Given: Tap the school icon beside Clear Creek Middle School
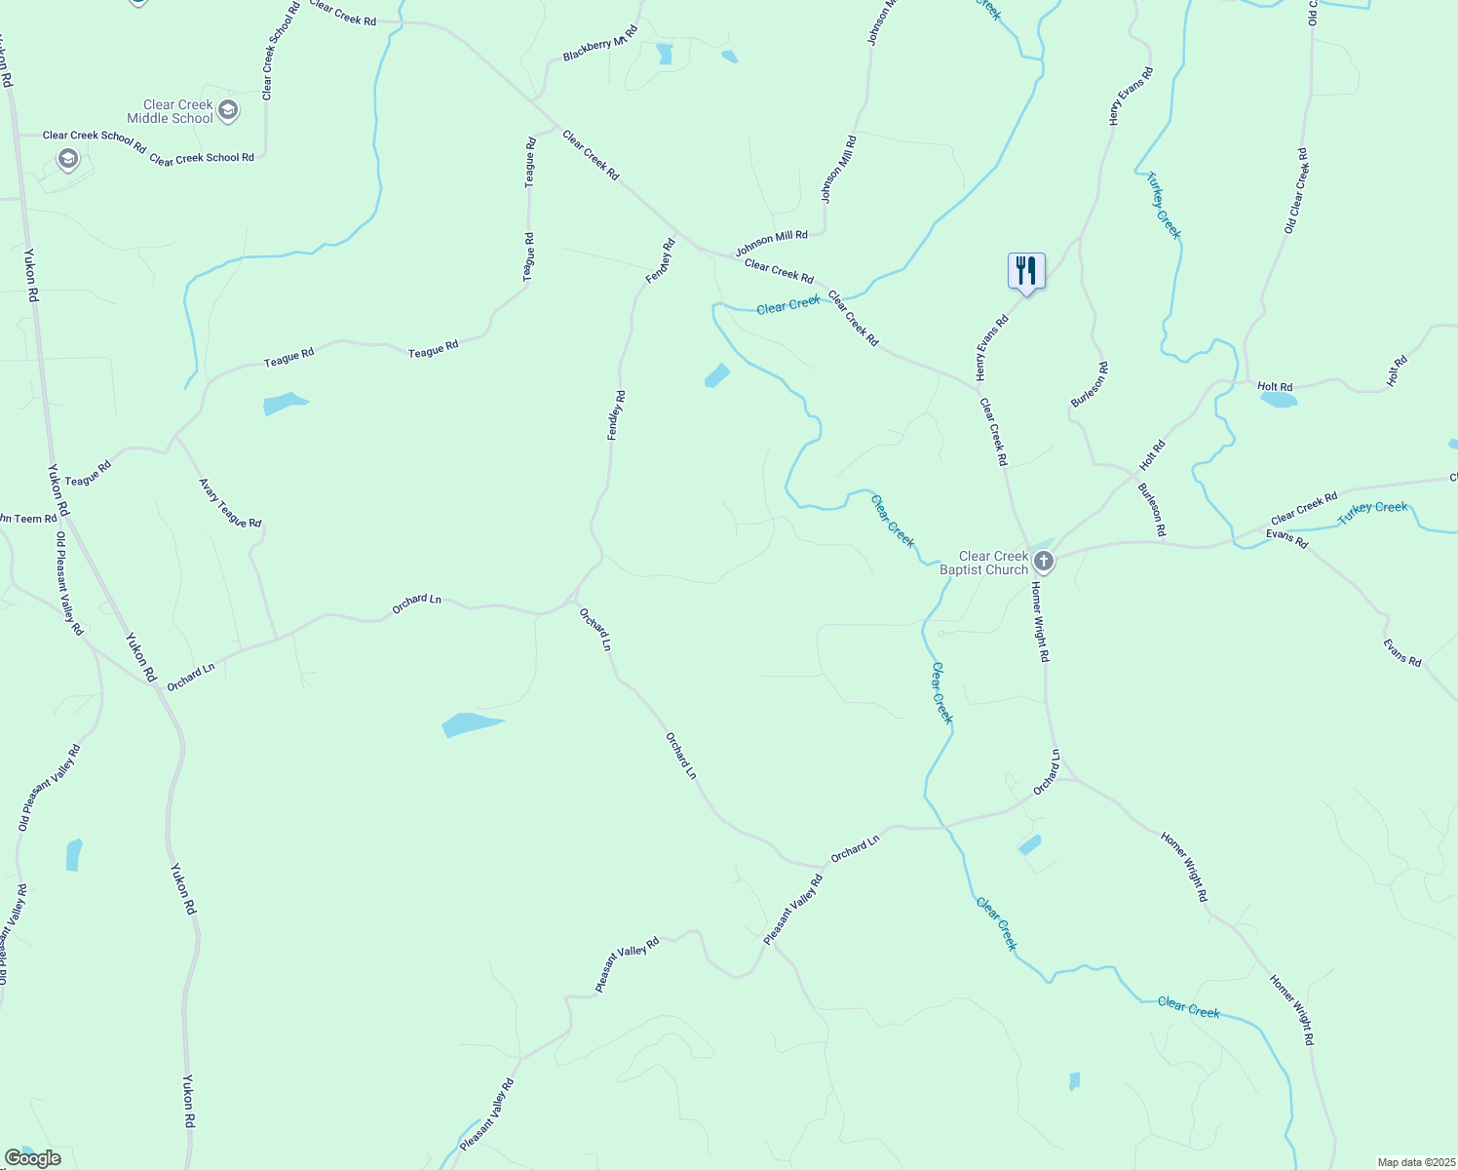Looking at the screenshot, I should point(228,109).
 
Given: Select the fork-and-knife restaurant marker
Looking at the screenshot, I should point(1026,271).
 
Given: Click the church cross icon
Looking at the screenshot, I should point(1044,561).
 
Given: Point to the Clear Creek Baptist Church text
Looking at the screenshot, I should point(984,563).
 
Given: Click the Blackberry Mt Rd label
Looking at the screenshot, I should point(599,44).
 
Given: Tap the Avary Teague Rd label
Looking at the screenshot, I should point(230,503).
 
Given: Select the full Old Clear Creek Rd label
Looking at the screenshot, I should point(1296,191).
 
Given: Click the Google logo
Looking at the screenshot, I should point(32,1158).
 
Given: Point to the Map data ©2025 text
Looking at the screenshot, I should point(1414,1162).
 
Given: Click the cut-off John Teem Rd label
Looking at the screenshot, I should point(27,519).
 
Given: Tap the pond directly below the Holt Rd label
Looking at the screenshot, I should point(1279,400).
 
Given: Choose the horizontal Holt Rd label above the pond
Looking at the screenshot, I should point(1275,387).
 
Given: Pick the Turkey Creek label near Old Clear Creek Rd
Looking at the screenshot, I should point(1163,205).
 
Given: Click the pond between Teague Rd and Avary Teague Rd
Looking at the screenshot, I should point(284,403).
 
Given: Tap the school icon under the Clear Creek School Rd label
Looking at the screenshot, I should point(67,158).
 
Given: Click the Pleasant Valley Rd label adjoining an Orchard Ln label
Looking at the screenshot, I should point(793,910).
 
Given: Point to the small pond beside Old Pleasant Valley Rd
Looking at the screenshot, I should point(74,854).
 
